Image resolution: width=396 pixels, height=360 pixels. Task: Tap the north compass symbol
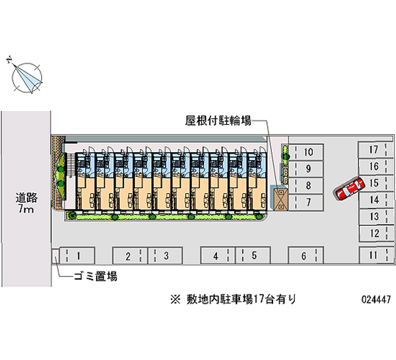[26, 77]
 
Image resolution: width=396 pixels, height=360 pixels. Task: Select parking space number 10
[306, 152]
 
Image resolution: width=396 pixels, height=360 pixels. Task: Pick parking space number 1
[76, 256]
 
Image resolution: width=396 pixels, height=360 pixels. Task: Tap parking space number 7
[306, 202]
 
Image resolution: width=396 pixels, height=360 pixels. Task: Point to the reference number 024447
[376, 300]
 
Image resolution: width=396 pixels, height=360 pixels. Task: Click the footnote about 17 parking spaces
[233, 299]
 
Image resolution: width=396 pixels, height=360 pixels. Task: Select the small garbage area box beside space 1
[55, 256]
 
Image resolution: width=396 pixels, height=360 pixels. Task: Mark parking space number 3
[165, 256]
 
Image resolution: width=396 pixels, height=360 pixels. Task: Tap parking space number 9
[306, 169]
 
